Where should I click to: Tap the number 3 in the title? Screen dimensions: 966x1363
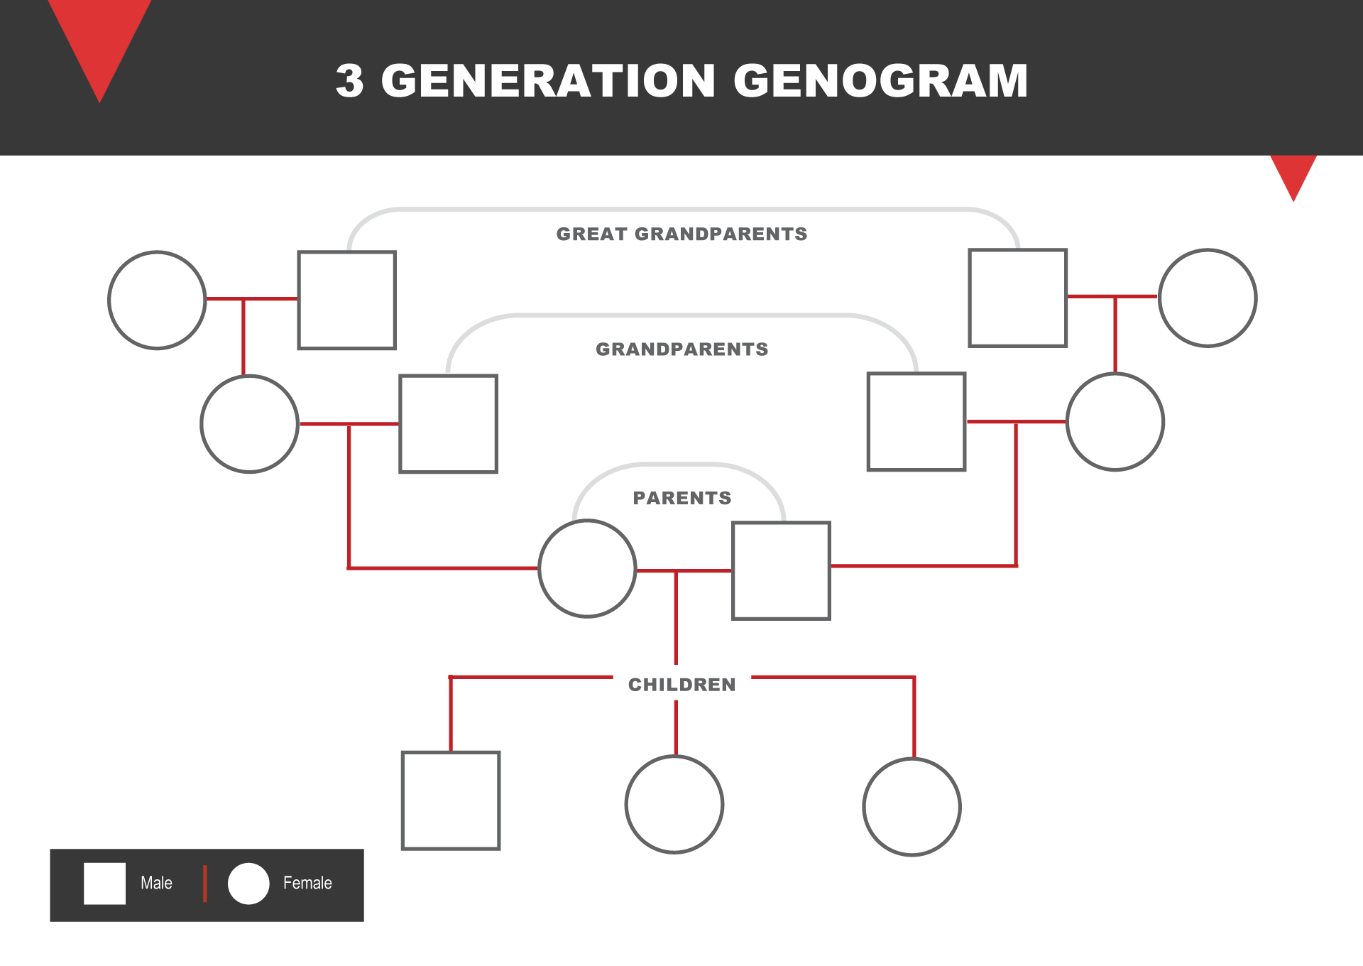click(x=349, y=80)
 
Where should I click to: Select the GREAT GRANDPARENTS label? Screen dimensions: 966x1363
click(x=681, y=234)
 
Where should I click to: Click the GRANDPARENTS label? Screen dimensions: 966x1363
click(x=681, y=349)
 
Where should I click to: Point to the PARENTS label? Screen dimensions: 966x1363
click(x=681, y=498)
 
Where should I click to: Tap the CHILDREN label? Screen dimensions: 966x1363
click(x=681, y=685)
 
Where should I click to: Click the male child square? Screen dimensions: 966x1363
click(x=451, y=801)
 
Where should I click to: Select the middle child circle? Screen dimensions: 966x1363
click(x=674, y=804)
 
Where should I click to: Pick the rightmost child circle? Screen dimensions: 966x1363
click(x=912, y=807)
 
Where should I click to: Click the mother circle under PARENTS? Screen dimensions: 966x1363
click(x=587, y=568)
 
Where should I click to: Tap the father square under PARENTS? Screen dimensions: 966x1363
click(x=781, y=570)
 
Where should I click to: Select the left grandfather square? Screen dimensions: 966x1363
click(x=448, y=423)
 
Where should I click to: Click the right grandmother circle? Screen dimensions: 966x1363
click(x=1115, y=421)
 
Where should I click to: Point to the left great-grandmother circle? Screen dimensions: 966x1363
click(x=157, y=300)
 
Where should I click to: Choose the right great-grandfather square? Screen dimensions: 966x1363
click(x=1017, y=298)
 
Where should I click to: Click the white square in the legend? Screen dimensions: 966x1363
click(x=104, y=884)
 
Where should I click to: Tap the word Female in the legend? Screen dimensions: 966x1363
click(x=307, y=883)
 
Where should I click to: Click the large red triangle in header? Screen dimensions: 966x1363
click(x=100, y=39)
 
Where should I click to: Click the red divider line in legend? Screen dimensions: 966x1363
click(x=205, y=884)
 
